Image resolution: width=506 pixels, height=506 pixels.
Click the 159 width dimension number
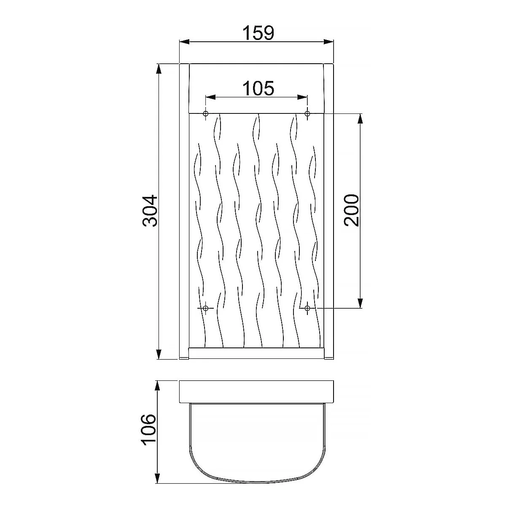click(x=258, y=33)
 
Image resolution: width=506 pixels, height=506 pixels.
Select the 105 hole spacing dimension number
click(x=258, y=88)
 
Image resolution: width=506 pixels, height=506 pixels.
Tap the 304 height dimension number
click(x=150, y=210)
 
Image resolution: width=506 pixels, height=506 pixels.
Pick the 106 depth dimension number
click(x=148, y=430)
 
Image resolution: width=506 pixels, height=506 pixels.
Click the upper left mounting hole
click(x=206, y=113)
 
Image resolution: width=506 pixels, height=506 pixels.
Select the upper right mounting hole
click(x=307, y=113)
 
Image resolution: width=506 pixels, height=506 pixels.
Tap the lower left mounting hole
click(x=206, y=308)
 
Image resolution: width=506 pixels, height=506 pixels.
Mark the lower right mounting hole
click(x=307, y=308)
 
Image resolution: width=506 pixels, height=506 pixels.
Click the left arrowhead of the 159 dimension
click(x=184, y=42)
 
